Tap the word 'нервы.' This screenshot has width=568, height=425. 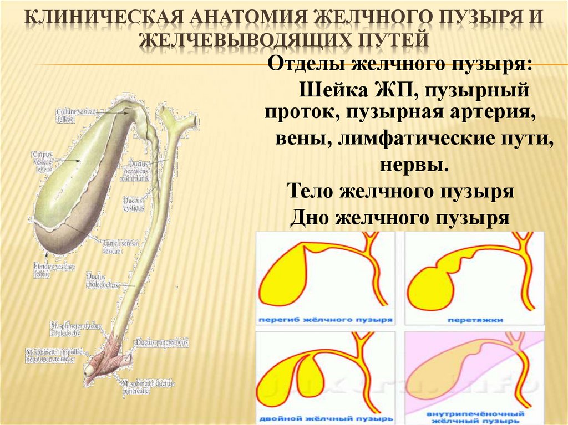(x=413, y=165)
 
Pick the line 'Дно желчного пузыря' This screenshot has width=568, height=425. (x=399, y=218)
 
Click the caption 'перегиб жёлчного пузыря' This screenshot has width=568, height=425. (x=326, y=320)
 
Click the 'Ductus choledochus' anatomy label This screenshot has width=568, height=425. (x=102, y=281)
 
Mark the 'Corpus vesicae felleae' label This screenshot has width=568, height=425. (x=42, y=157)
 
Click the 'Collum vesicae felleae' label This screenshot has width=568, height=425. (x=75, y=114)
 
